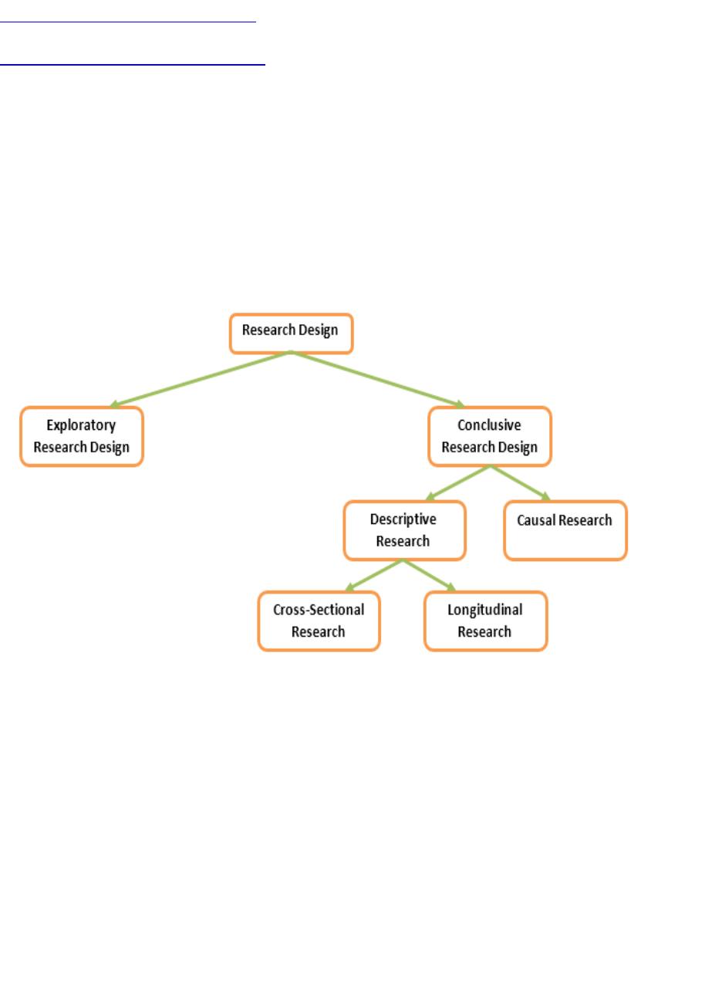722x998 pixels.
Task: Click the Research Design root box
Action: (291, 333)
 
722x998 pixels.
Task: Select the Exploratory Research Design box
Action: (82, 437)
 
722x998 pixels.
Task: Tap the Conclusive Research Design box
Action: (490, 437)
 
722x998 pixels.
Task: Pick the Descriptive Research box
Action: (405, 530)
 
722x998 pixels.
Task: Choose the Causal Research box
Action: (565, 530)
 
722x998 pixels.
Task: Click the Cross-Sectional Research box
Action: (319, 621)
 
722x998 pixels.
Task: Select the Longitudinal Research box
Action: (486, 621)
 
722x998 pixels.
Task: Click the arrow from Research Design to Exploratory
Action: (201, 379)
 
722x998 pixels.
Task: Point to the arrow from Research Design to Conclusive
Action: (377, 379)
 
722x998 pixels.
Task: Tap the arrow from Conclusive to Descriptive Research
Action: (458, 483)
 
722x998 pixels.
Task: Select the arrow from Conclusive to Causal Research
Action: (521, 483)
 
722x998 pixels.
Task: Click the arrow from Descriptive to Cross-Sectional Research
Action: (374, 576)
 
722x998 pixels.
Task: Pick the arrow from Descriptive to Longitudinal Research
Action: (429, 576)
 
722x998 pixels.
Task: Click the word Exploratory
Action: (81, 425)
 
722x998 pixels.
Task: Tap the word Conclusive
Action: (489, 425)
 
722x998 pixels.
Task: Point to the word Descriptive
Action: (403, 519)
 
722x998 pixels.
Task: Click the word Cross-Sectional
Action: (319, 610)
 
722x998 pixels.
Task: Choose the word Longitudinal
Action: (485, 611)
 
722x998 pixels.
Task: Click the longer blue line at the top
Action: (133, 65)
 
